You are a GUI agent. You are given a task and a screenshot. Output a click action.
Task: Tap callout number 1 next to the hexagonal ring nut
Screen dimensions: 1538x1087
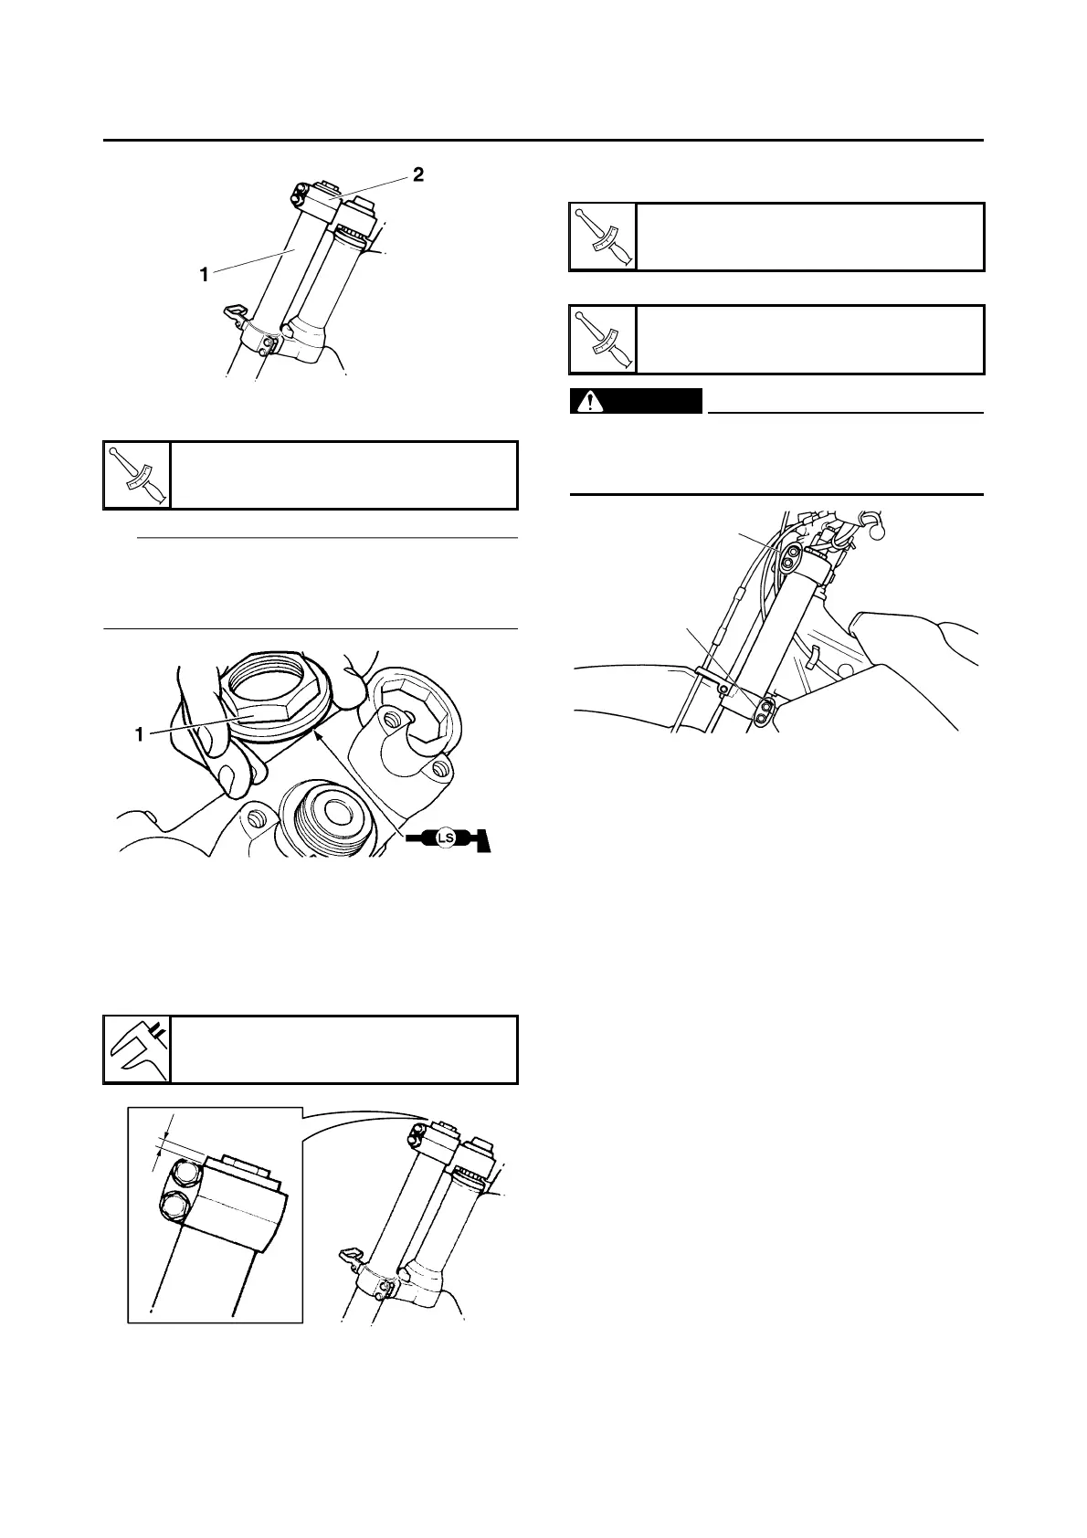click(139, 733)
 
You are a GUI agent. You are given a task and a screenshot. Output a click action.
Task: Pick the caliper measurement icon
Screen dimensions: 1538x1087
click(137, 1049)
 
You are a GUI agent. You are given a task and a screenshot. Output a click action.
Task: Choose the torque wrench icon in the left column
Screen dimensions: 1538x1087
click(137, 475)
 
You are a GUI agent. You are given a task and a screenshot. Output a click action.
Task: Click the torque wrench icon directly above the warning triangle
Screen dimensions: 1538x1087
click(603, 340)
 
